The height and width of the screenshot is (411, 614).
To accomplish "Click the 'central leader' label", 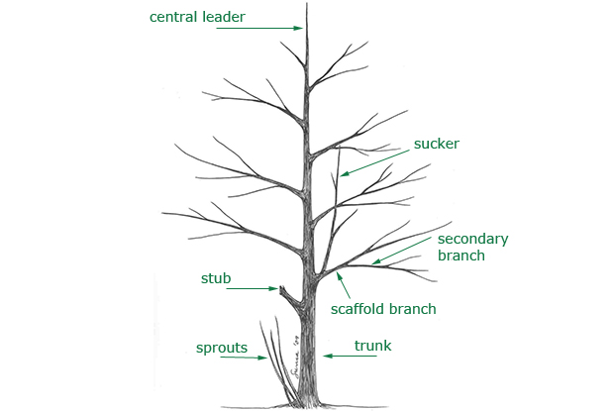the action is coord(197,17).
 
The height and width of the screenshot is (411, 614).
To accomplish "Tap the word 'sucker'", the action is coord(436,144).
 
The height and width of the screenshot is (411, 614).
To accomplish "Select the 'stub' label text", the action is coord(216,278).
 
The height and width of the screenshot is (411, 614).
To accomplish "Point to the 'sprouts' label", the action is coord(222,348).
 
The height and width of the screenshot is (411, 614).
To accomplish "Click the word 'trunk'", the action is coord(372,346).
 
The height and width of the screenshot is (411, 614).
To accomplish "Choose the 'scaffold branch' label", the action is coord(383,309).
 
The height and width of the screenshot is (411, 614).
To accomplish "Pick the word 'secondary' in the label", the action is coord(472,239).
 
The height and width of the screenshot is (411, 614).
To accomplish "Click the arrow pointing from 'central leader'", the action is coord(259,28).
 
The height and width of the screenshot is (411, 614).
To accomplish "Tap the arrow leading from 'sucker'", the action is coord(374,162).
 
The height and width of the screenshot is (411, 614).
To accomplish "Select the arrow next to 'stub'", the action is coord(253,288).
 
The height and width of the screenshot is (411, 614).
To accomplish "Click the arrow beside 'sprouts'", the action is coord(244,358).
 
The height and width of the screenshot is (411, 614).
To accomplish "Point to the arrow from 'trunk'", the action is coord(350,356).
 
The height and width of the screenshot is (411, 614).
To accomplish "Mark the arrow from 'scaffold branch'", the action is coord(343,285).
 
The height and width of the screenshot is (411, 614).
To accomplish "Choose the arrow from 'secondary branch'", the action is coord(401,251).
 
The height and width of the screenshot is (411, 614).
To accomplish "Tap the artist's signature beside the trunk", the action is coord(296,357).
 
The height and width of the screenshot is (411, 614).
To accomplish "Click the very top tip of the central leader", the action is coord(307,3).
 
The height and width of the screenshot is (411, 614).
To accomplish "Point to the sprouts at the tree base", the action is coord(277,360).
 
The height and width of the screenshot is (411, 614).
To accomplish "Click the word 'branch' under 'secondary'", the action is coord(461,256).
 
